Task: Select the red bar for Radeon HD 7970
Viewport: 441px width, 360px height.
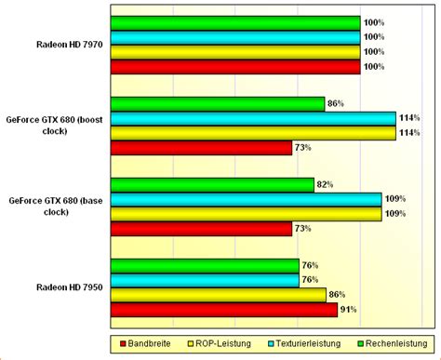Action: [234, 67]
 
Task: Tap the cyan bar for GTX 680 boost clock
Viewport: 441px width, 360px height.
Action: [252, 118]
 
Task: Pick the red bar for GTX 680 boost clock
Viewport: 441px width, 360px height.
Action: [201, 148]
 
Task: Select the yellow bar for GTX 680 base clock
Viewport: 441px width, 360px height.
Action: [246, 214]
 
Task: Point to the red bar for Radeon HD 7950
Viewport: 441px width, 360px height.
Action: [223, 309]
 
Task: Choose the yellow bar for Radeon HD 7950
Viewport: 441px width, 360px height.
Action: [218, 294]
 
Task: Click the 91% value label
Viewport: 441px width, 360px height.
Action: [348, 309]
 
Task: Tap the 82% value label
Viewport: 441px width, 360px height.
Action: [326, 184]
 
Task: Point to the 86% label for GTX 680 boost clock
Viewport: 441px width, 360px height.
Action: [337, 104]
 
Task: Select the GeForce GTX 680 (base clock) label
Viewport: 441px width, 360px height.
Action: [55, 206]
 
